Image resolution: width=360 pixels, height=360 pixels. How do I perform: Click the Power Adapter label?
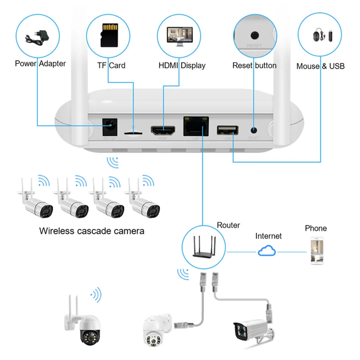(x=40, y=63)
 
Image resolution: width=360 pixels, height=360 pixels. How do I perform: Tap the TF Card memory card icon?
(x=108, y=33)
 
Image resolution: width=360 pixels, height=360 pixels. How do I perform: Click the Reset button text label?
(x=254, y=65)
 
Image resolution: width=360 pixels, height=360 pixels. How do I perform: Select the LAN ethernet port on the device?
(x=196, y=126)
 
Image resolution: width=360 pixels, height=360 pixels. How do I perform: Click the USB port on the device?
(x=227, y=130)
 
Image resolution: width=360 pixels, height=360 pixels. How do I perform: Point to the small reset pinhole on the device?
(x=254, y=130)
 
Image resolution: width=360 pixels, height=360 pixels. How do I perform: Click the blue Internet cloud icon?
(x=267, y=251)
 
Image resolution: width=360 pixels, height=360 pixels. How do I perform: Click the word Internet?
(x=268, y=236)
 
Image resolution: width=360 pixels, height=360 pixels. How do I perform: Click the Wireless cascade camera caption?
(x=92, y=231)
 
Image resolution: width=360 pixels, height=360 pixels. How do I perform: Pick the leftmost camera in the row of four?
(x=37, y=202)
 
